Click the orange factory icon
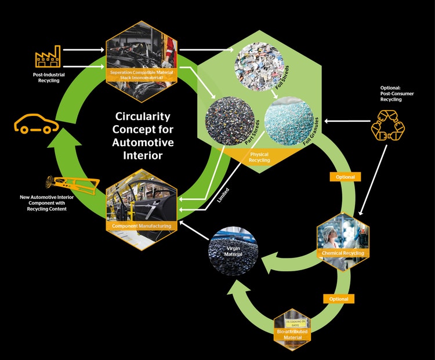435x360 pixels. [48, 56]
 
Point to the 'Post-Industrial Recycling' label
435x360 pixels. [48, 78]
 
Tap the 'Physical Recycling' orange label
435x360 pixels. [260, 157]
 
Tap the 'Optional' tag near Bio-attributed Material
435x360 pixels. [339, 299]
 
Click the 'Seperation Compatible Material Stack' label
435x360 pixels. [142, 75]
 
